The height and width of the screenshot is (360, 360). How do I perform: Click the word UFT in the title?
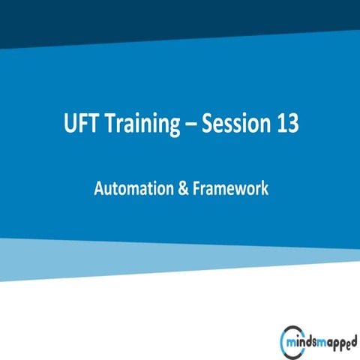tap(80, 124)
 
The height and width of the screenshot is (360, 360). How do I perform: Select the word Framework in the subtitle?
tap(229, 189)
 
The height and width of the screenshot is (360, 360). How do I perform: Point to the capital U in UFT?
tap(70, 124)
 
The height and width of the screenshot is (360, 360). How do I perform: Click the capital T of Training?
tap(109, 124)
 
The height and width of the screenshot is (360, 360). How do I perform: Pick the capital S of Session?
tap(212, 124)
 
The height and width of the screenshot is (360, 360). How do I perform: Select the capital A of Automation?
tap(99, 189)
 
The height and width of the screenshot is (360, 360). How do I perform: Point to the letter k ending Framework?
tap(264, 189)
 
